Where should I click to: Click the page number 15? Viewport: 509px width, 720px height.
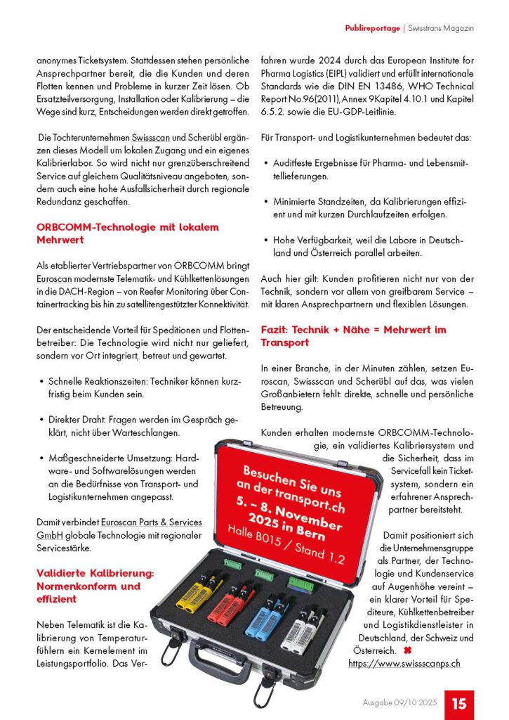point(459,704)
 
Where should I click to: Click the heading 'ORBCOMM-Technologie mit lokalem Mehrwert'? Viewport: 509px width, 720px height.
point(128,233)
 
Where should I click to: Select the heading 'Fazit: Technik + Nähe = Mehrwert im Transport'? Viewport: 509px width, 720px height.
point(353,335)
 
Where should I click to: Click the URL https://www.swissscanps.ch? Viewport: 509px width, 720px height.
point(404,662)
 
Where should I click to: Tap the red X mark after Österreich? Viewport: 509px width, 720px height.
point(406,651)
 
